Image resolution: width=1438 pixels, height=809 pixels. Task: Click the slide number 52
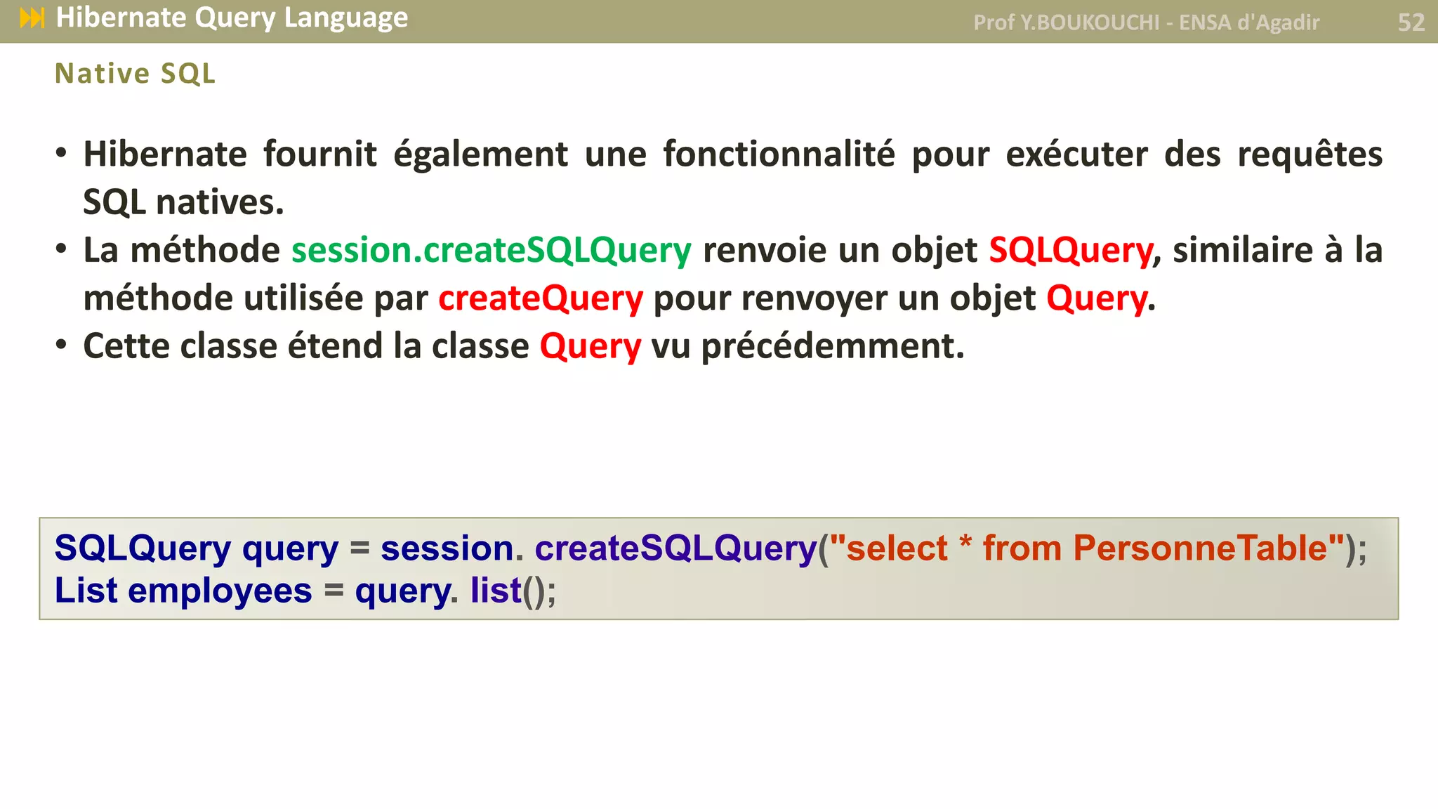1411,22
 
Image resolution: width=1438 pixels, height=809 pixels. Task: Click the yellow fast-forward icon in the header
32,18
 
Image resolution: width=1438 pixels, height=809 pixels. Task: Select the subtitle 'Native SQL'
135,74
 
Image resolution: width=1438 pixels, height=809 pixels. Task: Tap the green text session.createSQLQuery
492,251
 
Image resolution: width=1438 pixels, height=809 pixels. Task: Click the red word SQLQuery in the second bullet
1071,251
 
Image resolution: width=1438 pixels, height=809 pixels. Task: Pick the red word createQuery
541,298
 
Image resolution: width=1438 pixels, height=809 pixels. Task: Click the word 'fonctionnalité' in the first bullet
779,154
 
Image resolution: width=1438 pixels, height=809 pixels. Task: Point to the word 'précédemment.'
833,346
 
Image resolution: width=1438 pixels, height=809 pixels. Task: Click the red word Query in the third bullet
590,346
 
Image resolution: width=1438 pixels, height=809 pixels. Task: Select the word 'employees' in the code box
220,591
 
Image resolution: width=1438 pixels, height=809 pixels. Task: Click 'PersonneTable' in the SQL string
1200,548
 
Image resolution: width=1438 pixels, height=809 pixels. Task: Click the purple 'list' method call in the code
496,591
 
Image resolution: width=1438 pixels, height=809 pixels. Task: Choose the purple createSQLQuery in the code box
675,548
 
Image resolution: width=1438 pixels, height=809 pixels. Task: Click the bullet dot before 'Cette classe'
62,345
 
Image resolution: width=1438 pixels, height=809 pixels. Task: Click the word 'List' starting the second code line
86,591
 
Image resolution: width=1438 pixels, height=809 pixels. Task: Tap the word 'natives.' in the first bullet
220,203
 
